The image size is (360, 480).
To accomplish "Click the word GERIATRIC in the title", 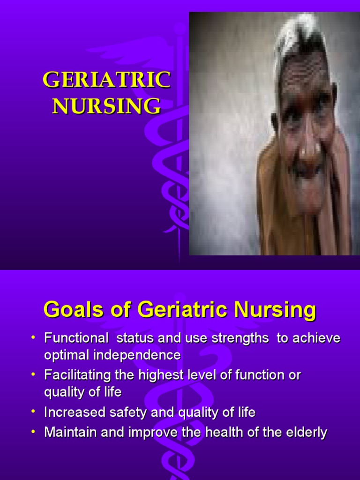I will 106,81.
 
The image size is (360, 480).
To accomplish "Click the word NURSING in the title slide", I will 106,106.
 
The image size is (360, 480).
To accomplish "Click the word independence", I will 136,355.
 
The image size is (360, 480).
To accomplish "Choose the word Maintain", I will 67,432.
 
